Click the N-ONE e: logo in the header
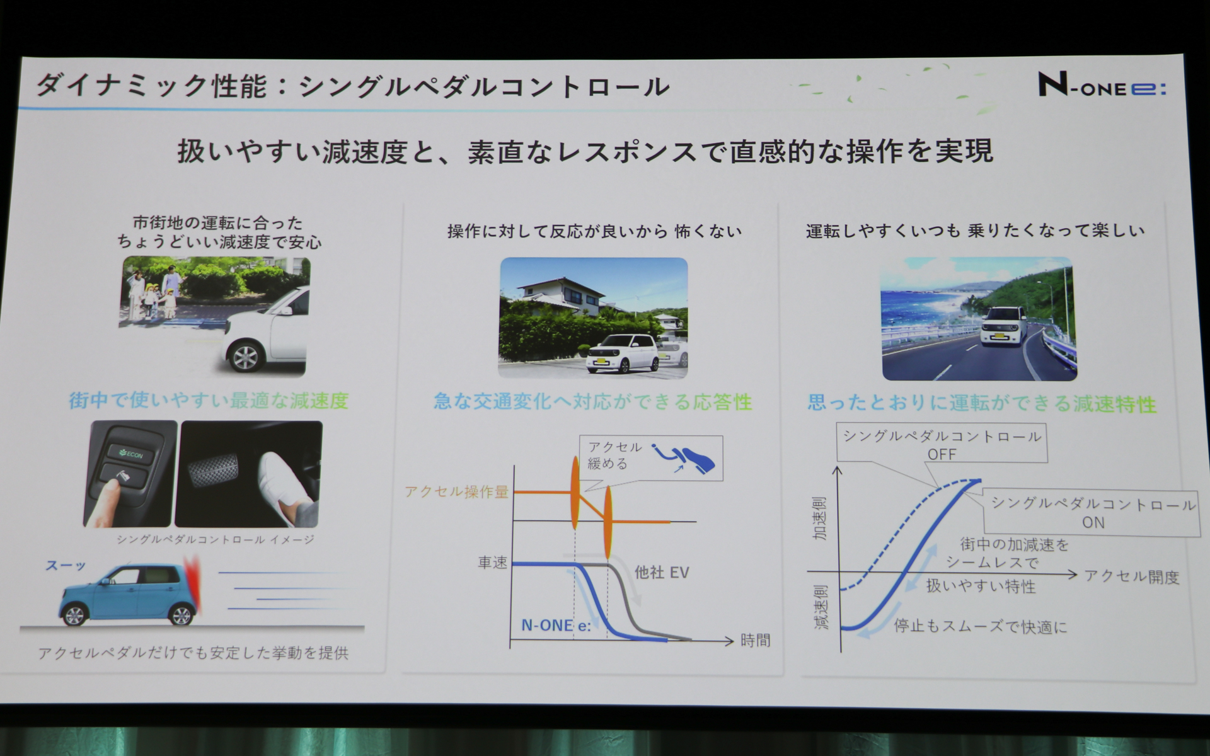pyautogui.click(x=1102, y=86)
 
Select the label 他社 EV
pyautogui.click(x=661, y=573)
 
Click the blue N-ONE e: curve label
pyautogui.click(x=556, y=625)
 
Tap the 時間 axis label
pyautogui.click(x=755, y=641)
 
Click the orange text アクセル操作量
pyautogui.click(x=456, y=492)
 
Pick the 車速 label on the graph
pyautogui.click(x=492, y=563)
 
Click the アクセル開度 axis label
pyautogui.click(x=1131, y=576)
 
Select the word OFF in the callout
pyautogui.click(x=942, y=454)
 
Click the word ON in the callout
pyautogui.click(x=1093, y=522)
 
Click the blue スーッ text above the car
pyautogui.click(x=65, y=565)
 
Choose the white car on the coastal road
pyautogui.click(x=1005, y=326)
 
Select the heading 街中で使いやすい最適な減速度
pyautogui.click(x=209, y=401)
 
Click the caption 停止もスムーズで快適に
pyautogui.click(x=980, y=626)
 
